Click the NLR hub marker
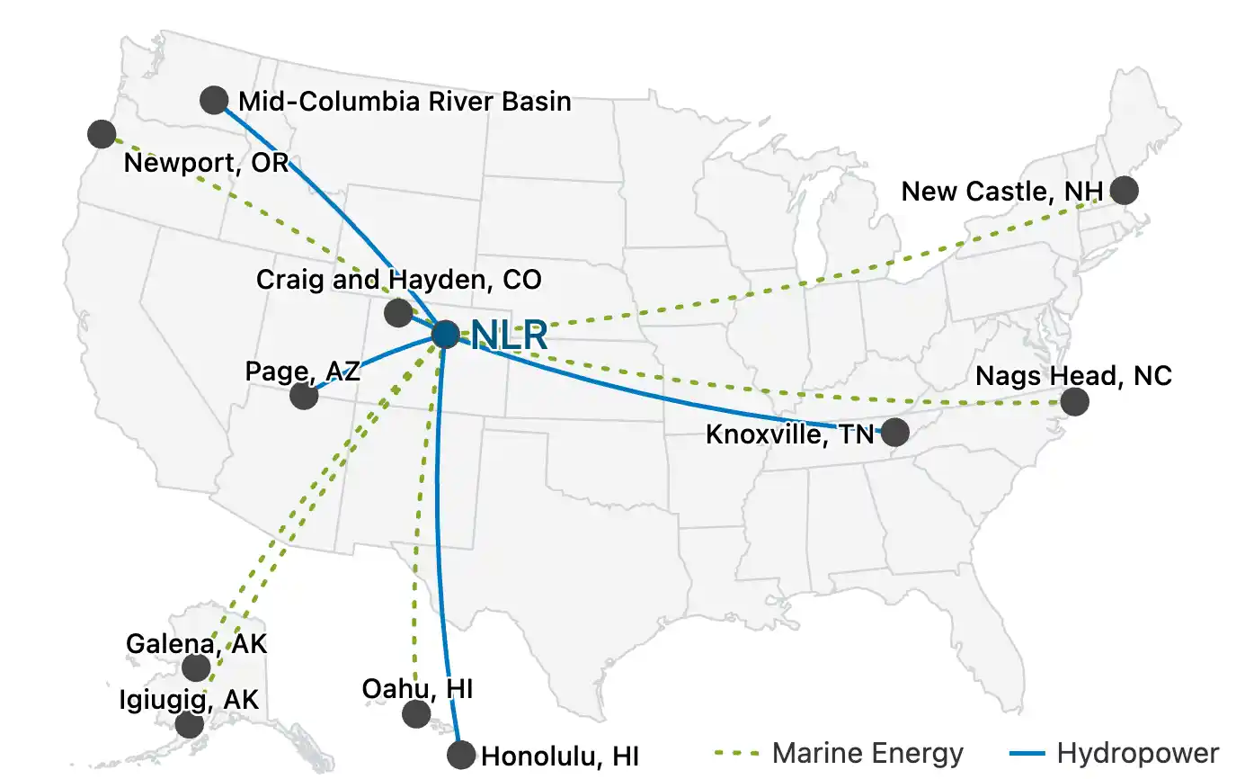coord(445,335)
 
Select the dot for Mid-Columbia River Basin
coord(213,99)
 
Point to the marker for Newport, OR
coord(102,134)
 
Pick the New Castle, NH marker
coord(1124,191)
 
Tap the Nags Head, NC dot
coord(1074,401)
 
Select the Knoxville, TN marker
coord(894,433)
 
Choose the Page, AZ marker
coord(304,396)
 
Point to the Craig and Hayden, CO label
coord(399,279)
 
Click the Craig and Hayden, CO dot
coord(397,313)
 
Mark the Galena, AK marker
coord(196,667)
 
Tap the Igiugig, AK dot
coord(189,724)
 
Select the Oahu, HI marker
coord(416,714)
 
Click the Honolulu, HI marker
coord(460,754)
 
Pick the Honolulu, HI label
coord(560,756)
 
